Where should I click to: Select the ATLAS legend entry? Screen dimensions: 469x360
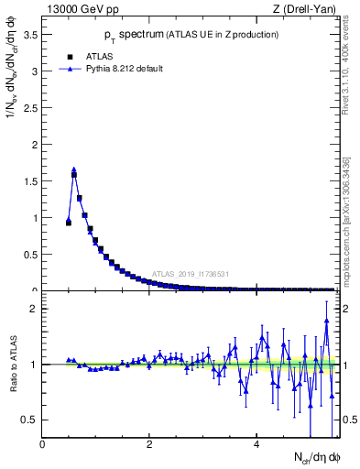93,55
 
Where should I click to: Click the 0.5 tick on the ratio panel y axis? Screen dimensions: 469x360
33,420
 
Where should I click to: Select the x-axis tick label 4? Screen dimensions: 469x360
256,444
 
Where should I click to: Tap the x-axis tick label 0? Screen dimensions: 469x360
43,444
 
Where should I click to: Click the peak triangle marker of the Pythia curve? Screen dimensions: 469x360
74,169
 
